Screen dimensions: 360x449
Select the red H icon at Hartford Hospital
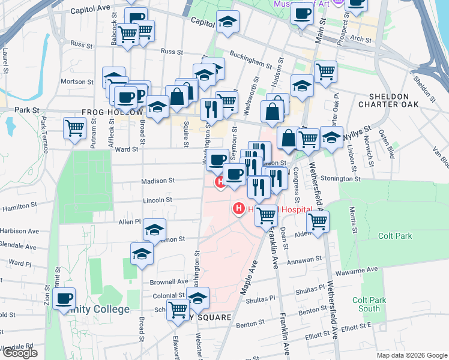tap(239, 209)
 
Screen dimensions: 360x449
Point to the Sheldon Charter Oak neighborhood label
tap(388, 100)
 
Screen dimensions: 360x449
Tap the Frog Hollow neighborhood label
tap(112, 112)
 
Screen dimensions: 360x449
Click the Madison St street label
tap(158, 180)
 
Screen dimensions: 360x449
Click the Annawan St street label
tap(304, 259)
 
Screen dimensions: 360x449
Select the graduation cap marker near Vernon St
tap(154, 229)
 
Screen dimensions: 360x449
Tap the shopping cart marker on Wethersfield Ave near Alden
tap(318, 220)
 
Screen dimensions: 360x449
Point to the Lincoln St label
tap(157, 200)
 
